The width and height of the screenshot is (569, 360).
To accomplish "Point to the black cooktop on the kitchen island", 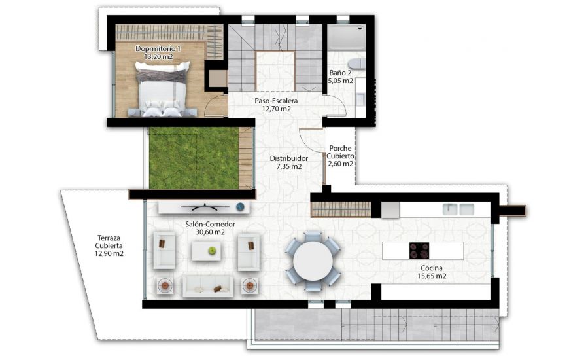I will [419, 250].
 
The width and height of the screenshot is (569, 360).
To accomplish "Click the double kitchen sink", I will [458, 209].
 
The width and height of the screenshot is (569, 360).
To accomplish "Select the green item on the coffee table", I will [212, 250].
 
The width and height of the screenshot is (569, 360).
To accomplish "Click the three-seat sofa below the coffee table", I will [207, 285].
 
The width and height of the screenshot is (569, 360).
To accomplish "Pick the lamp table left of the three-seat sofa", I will [165, 285].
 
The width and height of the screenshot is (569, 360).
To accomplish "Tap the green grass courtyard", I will [193, 158].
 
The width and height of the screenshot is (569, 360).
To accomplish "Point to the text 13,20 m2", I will [157, 58].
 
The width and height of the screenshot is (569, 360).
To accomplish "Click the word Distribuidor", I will [288, 158].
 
